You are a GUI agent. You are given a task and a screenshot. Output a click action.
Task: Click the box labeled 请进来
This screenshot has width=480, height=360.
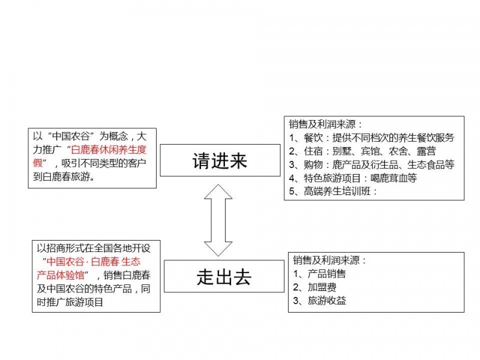[220, 160]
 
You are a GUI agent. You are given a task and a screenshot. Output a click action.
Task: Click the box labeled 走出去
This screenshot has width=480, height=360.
[224, 276]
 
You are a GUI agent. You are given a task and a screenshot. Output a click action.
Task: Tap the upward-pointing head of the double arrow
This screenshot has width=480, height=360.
[218, 191]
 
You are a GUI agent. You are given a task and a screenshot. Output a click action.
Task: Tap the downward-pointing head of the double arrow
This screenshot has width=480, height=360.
[218, 249]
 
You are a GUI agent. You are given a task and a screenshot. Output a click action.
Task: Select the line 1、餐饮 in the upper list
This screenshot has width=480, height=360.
[371, 138]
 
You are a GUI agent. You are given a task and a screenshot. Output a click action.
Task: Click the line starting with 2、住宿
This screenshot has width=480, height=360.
[362, 151]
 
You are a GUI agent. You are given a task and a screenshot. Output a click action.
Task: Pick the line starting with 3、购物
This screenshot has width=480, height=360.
[371, 164]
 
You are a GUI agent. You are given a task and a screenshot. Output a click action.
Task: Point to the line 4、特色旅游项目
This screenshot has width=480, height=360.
[353, 178]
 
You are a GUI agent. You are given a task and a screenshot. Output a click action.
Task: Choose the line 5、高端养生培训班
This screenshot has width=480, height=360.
[333, 191]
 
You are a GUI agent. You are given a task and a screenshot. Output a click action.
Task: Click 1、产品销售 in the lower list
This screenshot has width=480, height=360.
[320, 274]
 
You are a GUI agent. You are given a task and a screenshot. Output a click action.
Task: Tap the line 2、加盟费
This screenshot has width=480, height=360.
[314, 287]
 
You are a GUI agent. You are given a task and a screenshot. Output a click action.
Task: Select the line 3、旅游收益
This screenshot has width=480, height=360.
[320, 301]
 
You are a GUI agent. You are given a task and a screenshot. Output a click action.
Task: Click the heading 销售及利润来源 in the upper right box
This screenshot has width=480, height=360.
[325, 124]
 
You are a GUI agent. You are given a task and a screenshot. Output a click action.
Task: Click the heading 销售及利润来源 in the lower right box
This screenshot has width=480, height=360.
[329, 260]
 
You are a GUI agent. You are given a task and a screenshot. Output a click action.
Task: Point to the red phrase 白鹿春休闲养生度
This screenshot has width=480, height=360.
[109, 149]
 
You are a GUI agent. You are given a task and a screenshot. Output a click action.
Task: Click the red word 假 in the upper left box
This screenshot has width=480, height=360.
[38, 163]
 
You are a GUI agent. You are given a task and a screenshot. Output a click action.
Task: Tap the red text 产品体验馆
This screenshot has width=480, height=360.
[61, 275]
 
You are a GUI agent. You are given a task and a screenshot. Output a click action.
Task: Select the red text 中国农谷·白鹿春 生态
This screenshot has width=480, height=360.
[94, 262]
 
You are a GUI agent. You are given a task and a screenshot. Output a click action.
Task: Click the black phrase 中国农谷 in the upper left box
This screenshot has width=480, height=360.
[71, 136]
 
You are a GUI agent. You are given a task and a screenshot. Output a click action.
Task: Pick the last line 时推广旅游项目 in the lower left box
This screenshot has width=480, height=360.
[70, 302]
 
